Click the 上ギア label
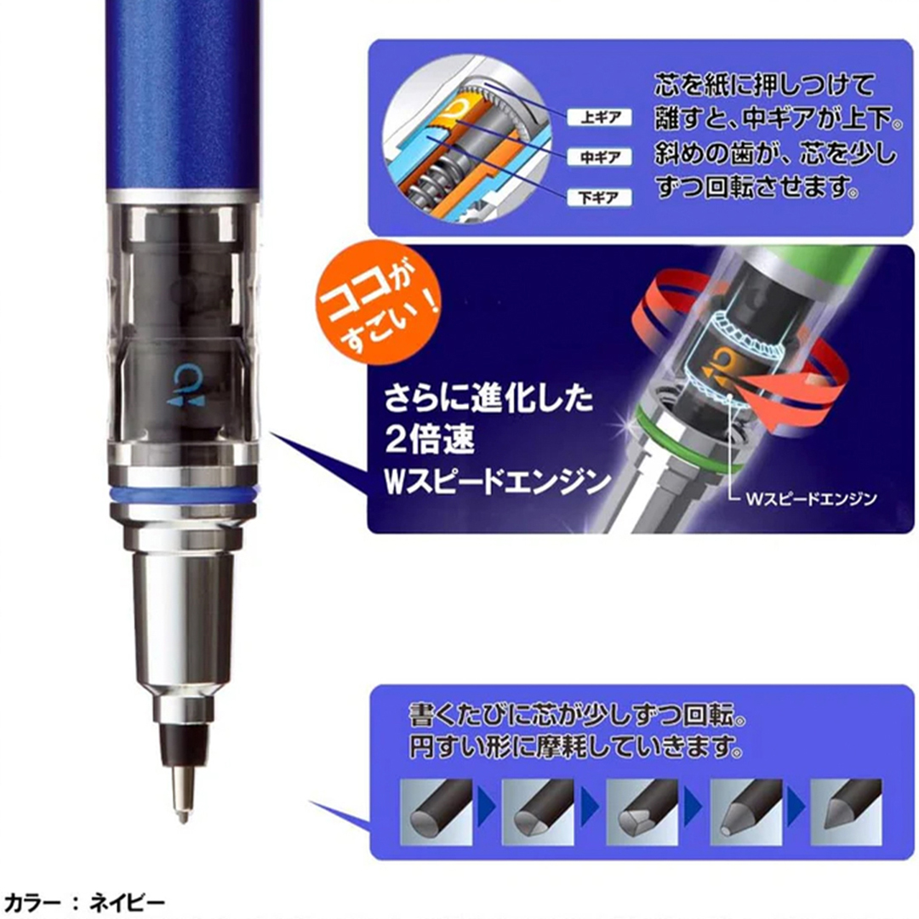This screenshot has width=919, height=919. pos(600,117)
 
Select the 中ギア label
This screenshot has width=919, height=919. pos(600,157)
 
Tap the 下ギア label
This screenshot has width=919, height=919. pos(600,197)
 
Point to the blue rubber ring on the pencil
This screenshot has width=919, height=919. pos(184,494)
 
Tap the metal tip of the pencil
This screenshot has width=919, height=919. pos(183,793)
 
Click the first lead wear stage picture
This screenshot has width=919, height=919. pos(436,812)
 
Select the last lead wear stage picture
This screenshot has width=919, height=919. pos(846,812)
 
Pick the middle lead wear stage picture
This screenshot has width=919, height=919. pos(642,812)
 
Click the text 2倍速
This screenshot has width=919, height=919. pos(430,440)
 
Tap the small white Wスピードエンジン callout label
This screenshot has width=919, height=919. pos(812,499)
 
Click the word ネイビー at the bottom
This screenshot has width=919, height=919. pos(127,903)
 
